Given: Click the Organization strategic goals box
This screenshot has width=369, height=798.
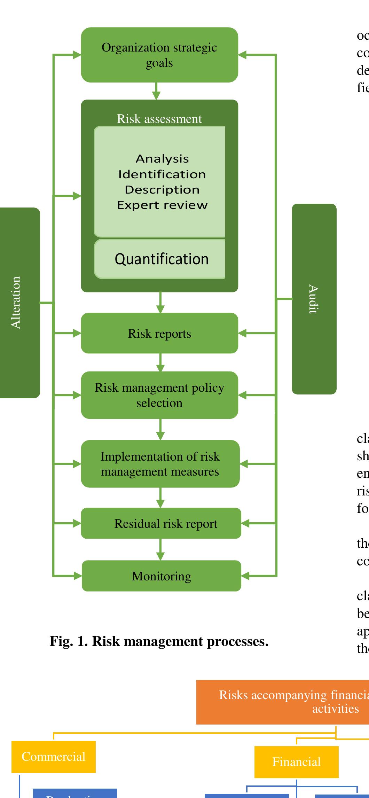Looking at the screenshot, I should point(159,55).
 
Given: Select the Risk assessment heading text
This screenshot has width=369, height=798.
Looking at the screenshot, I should point(159,119).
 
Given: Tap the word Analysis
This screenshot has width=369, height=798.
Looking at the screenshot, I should point(162,159).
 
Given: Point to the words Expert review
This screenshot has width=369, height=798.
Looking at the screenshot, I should point(162,205).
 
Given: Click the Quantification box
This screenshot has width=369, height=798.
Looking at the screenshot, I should point(161,259).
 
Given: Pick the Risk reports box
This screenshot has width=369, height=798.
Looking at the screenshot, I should point(159,333).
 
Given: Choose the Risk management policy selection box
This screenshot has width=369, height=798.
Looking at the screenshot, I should point(159,395).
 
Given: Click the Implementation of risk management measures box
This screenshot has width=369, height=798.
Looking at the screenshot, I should point(160,464).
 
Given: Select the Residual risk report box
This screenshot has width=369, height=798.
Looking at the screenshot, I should point(161,523).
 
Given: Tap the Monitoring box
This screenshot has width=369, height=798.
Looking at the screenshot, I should point(161,576).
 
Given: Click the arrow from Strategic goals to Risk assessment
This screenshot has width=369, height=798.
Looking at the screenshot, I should point(156,91).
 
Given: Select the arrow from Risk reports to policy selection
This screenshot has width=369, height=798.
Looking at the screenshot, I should point(160,362).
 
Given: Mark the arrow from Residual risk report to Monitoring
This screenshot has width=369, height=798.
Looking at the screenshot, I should point(160,549).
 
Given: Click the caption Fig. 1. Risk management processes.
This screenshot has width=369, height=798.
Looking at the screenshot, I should point(159,641).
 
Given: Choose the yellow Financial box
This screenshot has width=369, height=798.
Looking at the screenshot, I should point(296,771).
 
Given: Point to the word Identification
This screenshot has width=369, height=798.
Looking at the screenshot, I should point(162,174).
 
